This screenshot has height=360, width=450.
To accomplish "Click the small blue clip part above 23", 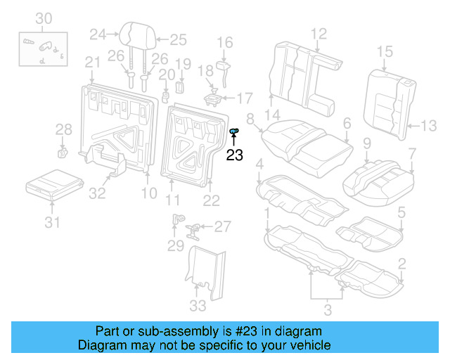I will tap(235, 131).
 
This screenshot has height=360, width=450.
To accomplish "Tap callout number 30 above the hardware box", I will tap(44, 18).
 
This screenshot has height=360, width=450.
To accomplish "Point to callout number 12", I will tap(319, 33).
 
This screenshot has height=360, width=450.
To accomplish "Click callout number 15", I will tap(384, 51).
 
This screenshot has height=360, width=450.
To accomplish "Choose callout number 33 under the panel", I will tap(198, 305).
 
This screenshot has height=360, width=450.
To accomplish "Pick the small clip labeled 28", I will tap(62, 151).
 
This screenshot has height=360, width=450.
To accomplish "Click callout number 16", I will tap(224, 44).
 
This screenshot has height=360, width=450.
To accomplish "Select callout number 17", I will tap(244, 97).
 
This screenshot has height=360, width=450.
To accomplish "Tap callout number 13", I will tap(428, 127).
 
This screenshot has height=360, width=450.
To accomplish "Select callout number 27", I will tap(222, 226).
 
